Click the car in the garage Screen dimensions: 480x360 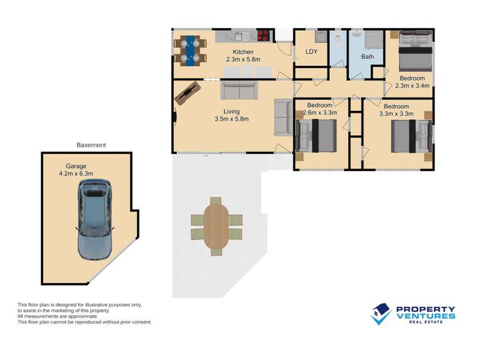[94, 220]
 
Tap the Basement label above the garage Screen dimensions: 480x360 [91, 145]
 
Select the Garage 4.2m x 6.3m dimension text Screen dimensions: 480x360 [76, 170]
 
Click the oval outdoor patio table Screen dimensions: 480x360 [216, 226]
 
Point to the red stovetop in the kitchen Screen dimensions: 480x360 [263, 35]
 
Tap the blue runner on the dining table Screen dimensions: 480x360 [190, 51]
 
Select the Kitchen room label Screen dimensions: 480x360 [243, 52]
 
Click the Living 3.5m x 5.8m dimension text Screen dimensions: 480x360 [232, 115]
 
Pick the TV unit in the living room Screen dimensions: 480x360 [188, 94]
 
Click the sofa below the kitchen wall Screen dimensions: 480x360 [239, 90]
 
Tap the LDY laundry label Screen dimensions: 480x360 [311, 52]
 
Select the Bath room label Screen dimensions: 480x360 [367, 56]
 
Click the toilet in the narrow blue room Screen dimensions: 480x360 [338, 38]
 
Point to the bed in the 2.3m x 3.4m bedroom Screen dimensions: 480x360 [415, 51]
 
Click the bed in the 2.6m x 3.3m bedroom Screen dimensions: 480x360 [316, 136]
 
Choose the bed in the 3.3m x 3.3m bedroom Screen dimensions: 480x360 [411, 136]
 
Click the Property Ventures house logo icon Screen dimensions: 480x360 [381, 314]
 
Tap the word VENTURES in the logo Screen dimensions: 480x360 [426, 316]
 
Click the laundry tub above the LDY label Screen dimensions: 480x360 [321, 37]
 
